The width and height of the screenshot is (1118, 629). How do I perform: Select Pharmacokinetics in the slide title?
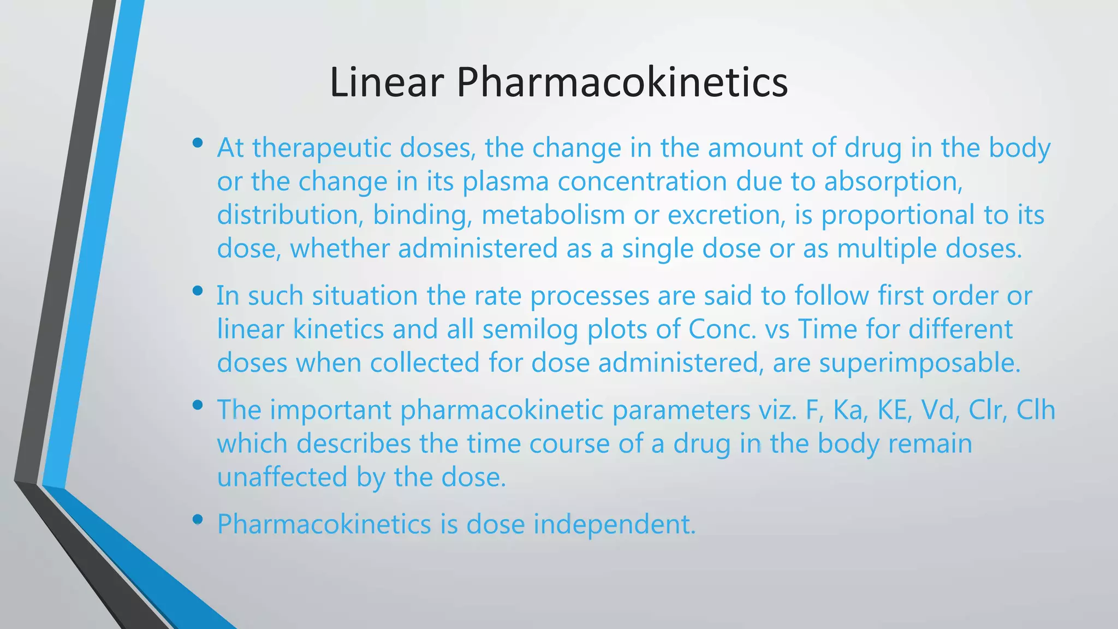[622, 83]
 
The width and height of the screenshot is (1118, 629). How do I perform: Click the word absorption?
[893, 182]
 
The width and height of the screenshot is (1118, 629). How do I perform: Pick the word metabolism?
[553, 215]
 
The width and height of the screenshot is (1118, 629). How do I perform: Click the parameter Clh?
[1036, 411]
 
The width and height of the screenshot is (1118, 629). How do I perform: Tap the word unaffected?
[282, 477]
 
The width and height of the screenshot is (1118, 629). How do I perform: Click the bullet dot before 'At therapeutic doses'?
[198, 144]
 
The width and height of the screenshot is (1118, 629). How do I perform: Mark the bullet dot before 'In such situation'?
[198, 291]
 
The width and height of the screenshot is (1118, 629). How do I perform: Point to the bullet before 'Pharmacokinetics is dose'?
[198, 520]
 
